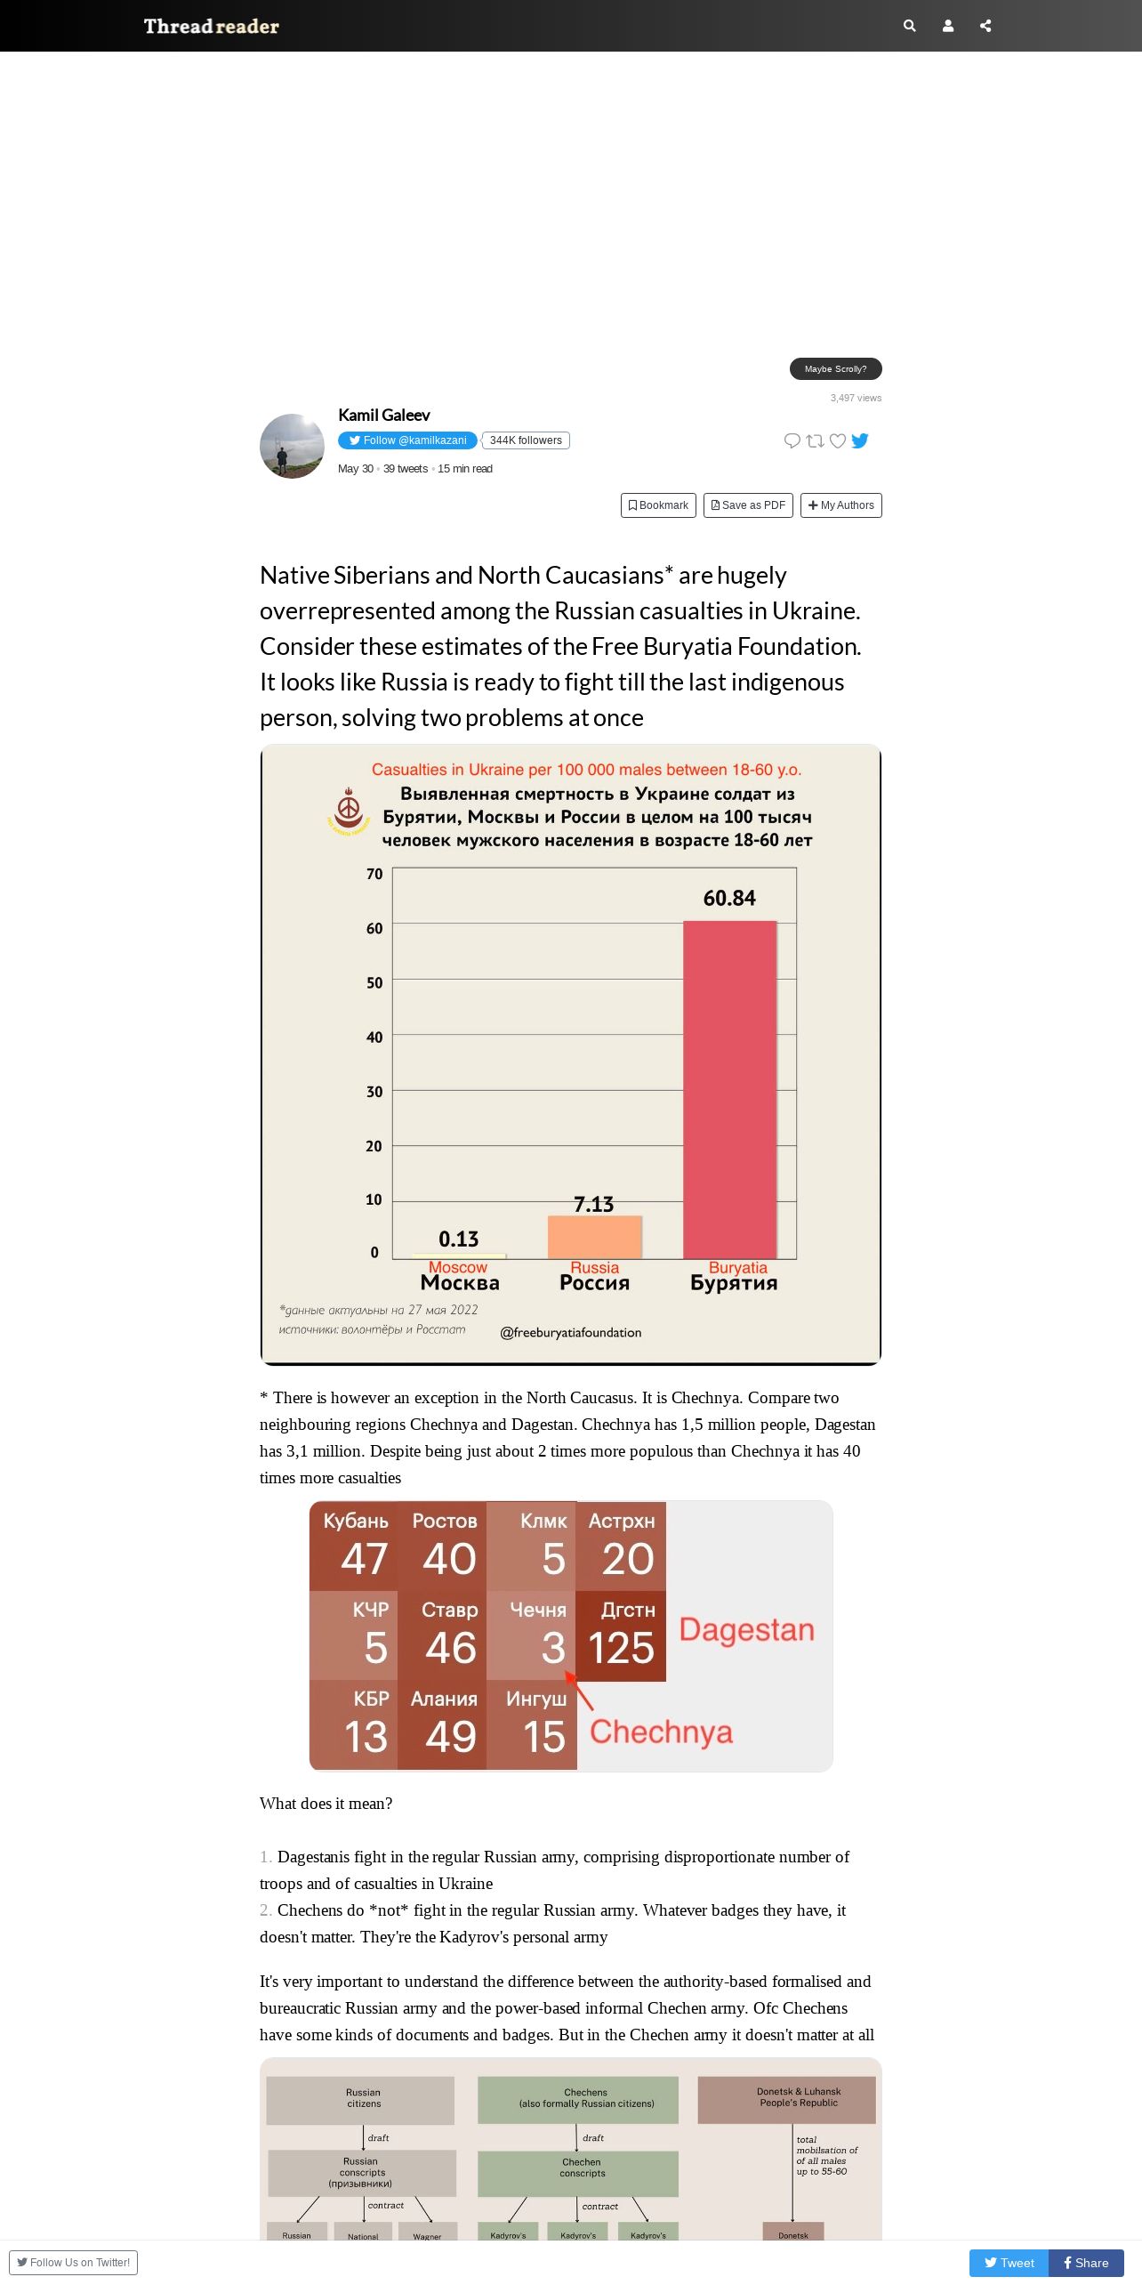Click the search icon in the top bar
click(x=909, y=26)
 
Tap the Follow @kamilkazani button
click(x=407, y=440)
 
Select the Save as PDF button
click(x=748, y=505)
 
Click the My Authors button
click(x=840, y=505)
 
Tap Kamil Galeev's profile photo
click(x=292, y=446)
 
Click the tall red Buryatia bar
click(x=730, y=1090)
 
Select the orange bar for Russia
click(x=594, y=1238)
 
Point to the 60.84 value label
click(x=729, y=898)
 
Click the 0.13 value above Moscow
click(x=459, y=1239)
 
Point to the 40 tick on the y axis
click(x=374, y=1038)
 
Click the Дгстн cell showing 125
click(x=621, y=1635)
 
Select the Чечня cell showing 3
click(x=532, y=1635)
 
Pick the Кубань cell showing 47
click(x=354, y=1546)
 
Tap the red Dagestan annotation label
click(x=747, y=1629)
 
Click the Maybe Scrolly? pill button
click(x=836, y=368)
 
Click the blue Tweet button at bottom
click(x=1009, y=2263)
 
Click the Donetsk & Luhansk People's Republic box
click(x=787, y=2100)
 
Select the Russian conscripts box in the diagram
click(x=362, y=2173)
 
